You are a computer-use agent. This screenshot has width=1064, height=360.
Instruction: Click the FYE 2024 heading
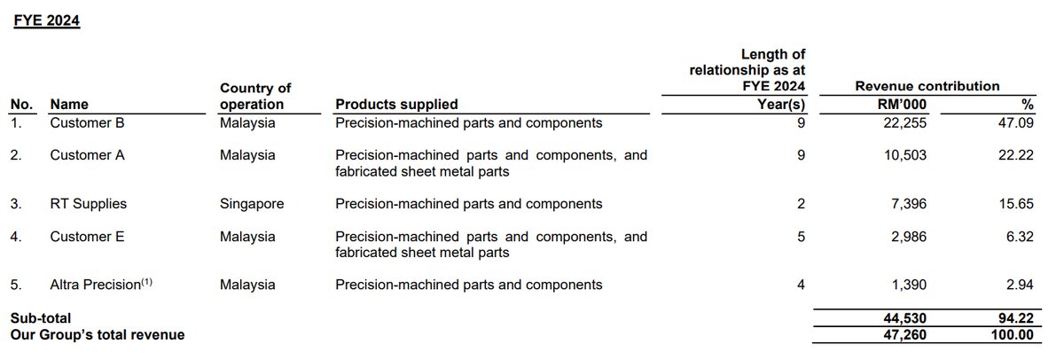[x=47, y=20]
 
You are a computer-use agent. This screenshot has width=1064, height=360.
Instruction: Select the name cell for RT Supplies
[x=89, y=204]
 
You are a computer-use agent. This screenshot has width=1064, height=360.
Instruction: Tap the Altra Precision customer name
[x=97, y=285]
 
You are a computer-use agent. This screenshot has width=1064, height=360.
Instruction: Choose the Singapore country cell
[x=253, y=204]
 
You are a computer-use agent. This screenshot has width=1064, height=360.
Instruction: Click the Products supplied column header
[x=396, y=105]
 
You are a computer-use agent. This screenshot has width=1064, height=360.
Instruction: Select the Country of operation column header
[x=255, y=97]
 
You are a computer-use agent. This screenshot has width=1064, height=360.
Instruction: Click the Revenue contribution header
[x=927, y=86]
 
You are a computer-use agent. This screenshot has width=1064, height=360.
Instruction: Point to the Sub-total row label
[x=40, y=317]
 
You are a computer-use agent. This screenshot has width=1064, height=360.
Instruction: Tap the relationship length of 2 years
[x=801, y=204]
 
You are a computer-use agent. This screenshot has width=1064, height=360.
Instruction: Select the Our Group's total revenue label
[x=98, y=334]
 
